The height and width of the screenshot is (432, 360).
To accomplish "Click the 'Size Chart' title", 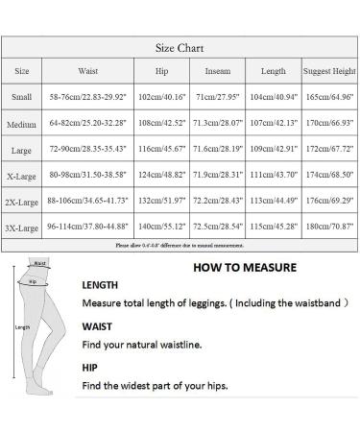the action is tap(180, 47).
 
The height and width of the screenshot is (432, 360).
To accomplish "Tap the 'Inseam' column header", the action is tap(217, 71).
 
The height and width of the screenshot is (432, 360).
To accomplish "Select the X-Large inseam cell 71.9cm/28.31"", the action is tap(217, 178).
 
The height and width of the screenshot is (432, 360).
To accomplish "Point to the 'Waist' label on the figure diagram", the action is tap(39, 262).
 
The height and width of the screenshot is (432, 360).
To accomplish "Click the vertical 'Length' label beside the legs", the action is tap(24, 326).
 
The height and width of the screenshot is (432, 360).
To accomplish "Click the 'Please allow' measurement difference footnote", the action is tap(180, 247).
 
